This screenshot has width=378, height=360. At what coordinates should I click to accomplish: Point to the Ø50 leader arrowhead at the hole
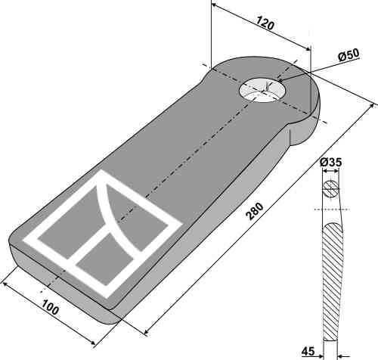coord(280,79)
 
